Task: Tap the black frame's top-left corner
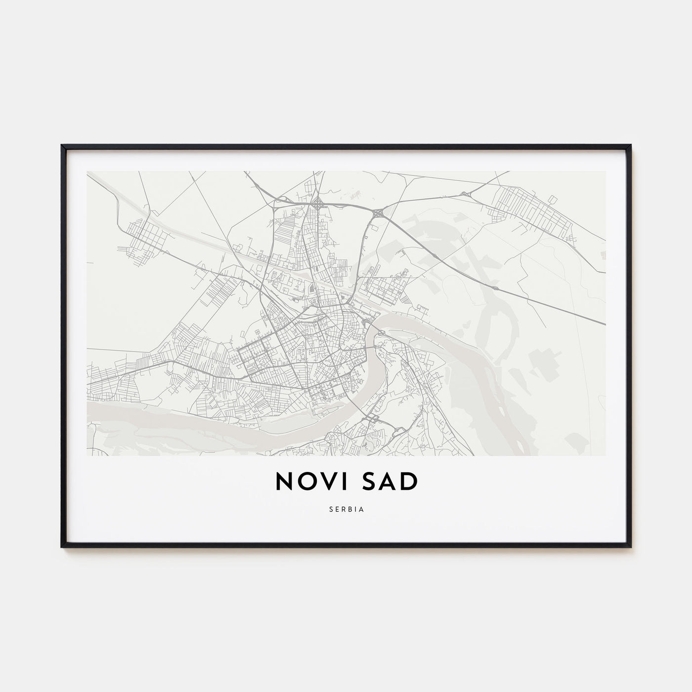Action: coord(62,146)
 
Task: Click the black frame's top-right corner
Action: coord(630,146)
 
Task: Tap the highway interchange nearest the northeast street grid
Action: coord(465,195)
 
